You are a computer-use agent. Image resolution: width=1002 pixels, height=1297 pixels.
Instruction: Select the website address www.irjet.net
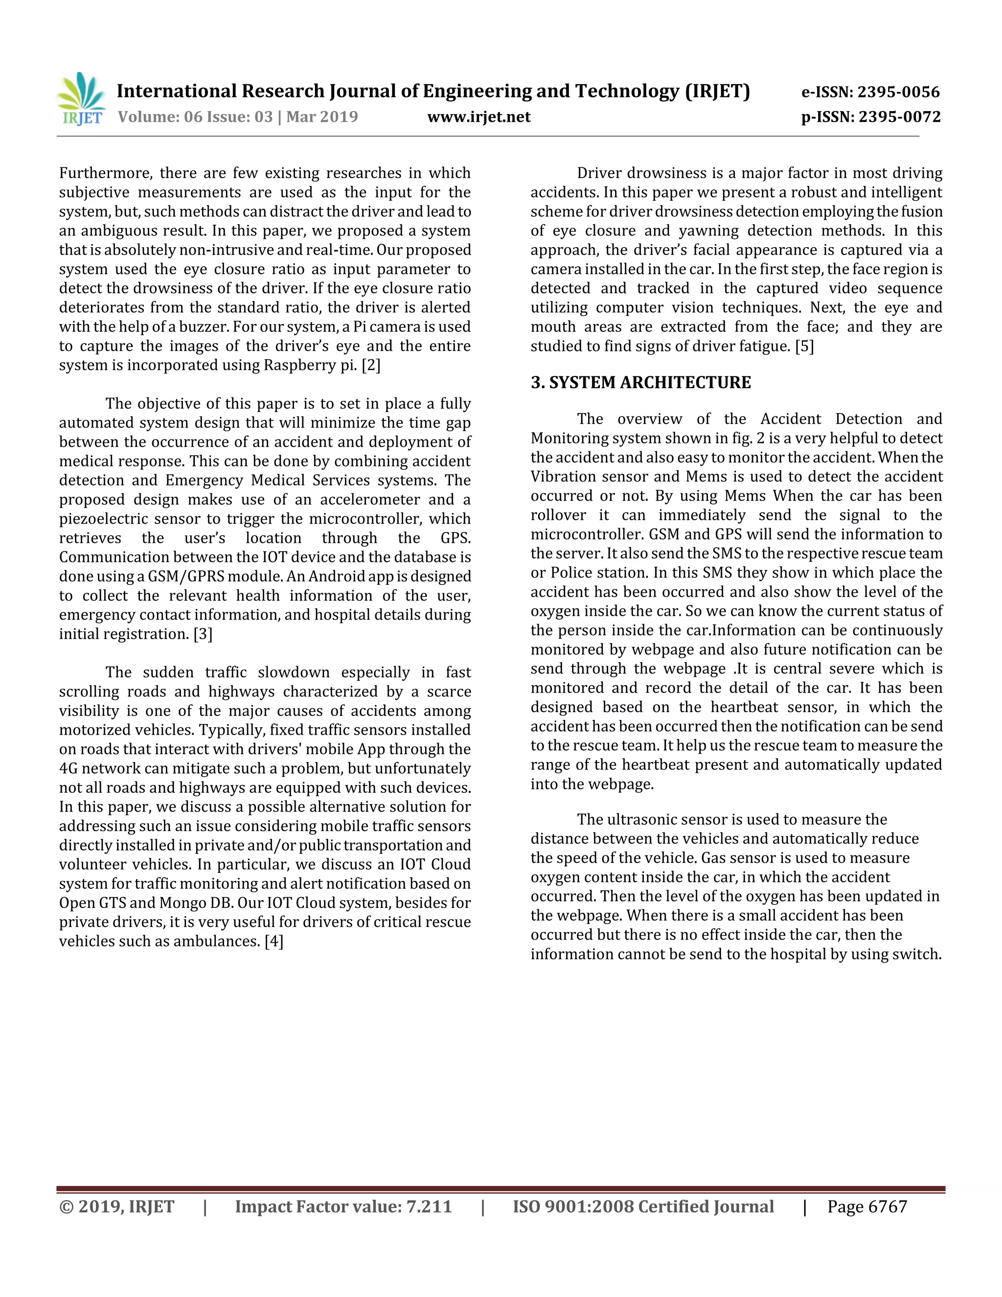click(x=478, y=116)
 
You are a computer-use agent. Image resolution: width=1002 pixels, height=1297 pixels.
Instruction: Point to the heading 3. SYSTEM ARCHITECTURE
click(x=640, y=382)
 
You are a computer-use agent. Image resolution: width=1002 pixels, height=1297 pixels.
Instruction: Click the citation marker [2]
click(x=371, y=365)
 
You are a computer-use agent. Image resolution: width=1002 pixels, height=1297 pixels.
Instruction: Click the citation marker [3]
click(x=203, y=634)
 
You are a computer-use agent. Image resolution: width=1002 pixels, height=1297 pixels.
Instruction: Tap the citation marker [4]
click(x=273, y=941)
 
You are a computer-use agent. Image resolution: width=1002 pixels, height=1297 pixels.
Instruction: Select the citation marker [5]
click(x=804, y=346)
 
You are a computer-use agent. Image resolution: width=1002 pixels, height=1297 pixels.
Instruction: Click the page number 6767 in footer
click(x=888, y=1207)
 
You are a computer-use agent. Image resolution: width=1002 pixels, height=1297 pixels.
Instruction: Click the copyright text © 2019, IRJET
click(x=117, y=1207)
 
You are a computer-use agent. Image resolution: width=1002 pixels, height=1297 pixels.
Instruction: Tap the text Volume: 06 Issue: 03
click(x=195, y=116)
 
